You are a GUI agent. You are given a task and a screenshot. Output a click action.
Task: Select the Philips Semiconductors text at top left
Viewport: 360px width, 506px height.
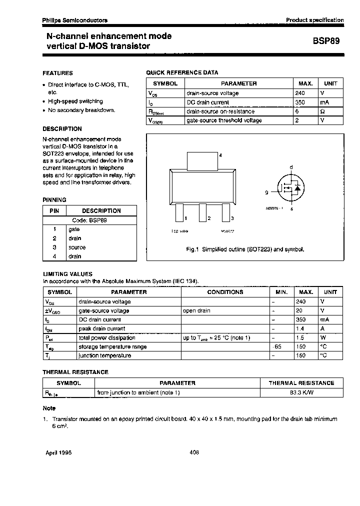[74, 20]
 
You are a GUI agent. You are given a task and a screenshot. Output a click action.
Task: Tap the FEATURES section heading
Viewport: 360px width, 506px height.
[57, 73]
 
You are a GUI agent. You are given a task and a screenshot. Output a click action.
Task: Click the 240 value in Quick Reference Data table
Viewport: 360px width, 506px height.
[300, 93]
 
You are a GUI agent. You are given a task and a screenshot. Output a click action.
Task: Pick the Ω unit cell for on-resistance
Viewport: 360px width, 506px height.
[322, 111]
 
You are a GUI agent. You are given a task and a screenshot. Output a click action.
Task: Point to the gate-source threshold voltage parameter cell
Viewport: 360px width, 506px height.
[224, 120]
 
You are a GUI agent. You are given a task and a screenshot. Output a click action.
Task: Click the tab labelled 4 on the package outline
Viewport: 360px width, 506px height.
[202, 161]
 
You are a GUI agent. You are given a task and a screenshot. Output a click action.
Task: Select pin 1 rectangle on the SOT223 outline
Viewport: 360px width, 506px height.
[179, 212]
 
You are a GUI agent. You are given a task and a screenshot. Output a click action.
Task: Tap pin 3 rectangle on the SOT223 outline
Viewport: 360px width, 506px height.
[226, 212]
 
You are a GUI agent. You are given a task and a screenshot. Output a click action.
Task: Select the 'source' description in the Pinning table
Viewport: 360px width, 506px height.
[77, 247]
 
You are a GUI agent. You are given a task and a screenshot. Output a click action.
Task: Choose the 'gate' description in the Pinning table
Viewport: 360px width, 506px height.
[74, 229]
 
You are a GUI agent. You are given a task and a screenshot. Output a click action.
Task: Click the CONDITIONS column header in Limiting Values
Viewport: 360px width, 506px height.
[225, 292]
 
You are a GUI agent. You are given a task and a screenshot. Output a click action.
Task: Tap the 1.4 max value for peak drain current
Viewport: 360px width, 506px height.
[301, 328]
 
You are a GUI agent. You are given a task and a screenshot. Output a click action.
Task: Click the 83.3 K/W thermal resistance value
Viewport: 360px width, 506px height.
[301, 392]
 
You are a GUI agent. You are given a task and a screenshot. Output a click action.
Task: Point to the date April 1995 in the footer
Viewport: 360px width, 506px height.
[59, 452]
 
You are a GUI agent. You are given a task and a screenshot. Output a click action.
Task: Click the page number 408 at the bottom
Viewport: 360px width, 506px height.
[194, 452]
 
